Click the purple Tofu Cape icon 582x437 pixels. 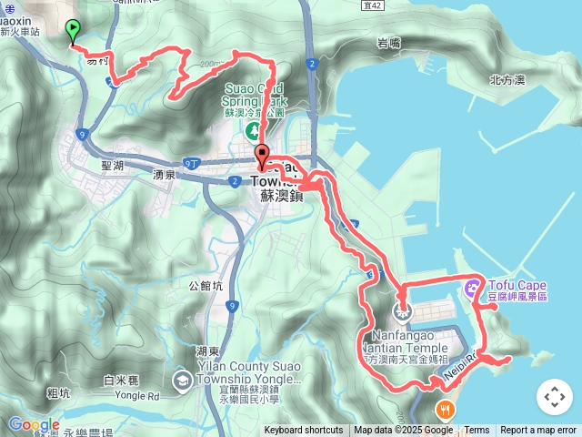coord(471,290)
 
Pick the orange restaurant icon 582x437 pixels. coord(445,406)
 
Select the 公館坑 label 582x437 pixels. coord(206,285)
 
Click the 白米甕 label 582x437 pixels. coord(120,381)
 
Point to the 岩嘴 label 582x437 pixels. coord(388,43)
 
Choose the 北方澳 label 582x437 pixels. coord(507,80)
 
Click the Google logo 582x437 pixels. coord(34,424)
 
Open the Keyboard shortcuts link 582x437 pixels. coord(304,431)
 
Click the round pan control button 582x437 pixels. coord(554,397)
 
